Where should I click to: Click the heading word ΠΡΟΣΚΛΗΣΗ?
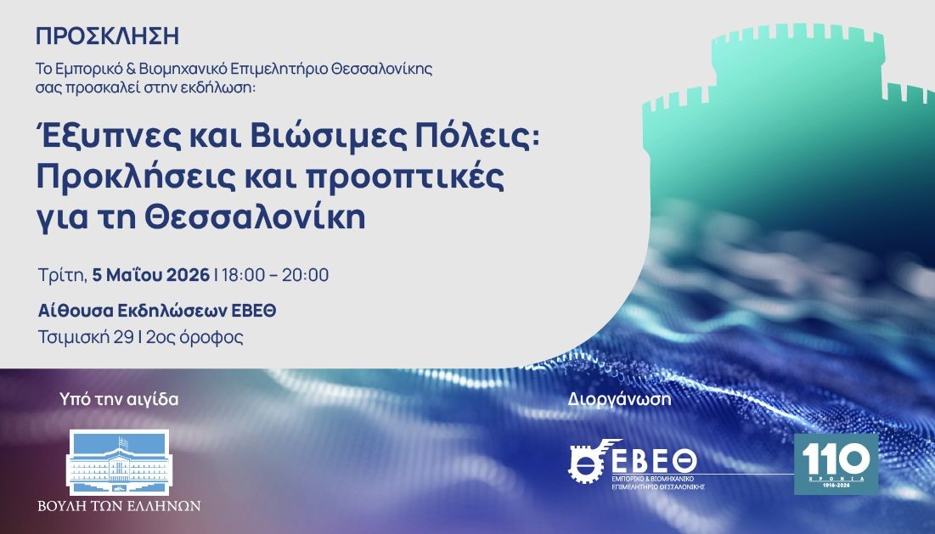pyautogui.click(x=107, y=37)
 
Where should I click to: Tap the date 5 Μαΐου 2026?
pyautogui.click(x=151, y=275)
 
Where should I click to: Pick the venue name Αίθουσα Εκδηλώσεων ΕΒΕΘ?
pyautogui.click(x=157, y=311)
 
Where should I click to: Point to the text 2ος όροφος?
pyautogui.click(x=194, y=337)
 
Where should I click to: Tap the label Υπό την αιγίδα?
pyautogui.click(x=119, y=399)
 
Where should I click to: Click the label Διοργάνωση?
pyautogui.click(x=620, y=399)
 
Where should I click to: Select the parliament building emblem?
pyautogui.click(x=119, y=463)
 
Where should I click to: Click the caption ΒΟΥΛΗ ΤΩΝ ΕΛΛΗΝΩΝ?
pyautogui.click(x=119, y=506)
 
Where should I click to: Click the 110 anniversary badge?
pyautogui.click(x=836, y=464)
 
